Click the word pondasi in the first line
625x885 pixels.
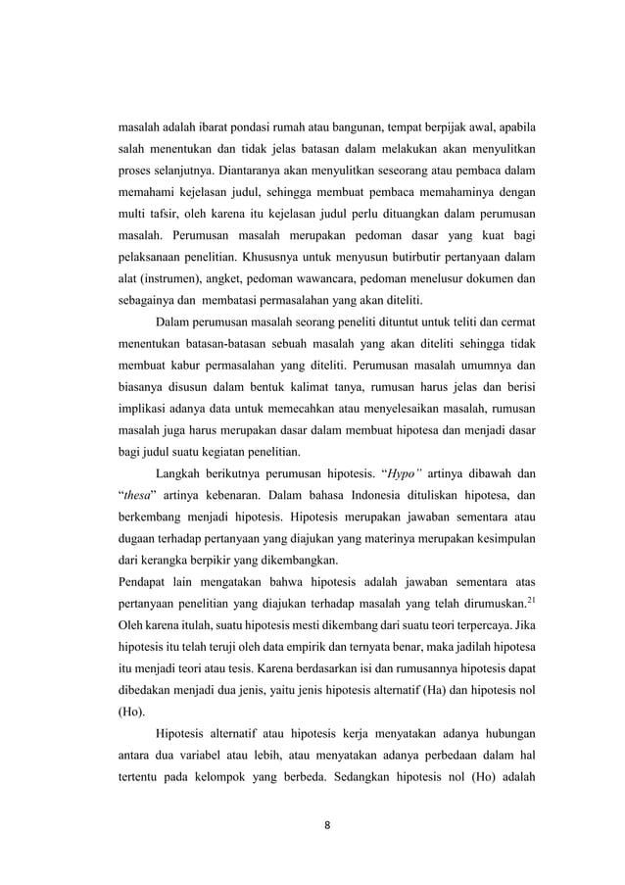coord(251,127)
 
